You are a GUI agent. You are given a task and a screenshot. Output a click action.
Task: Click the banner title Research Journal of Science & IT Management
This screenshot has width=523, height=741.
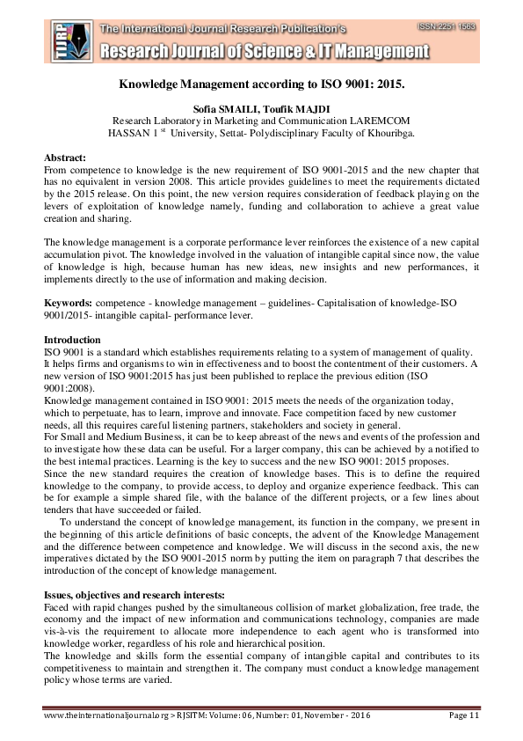tap(264, 53)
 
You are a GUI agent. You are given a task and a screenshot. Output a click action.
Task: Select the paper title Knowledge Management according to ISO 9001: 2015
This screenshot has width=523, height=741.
tap(261, 88)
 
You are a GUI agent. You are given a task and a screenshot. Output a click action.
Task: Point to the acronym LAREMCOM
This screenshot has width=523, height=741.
tap(374, 122)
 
